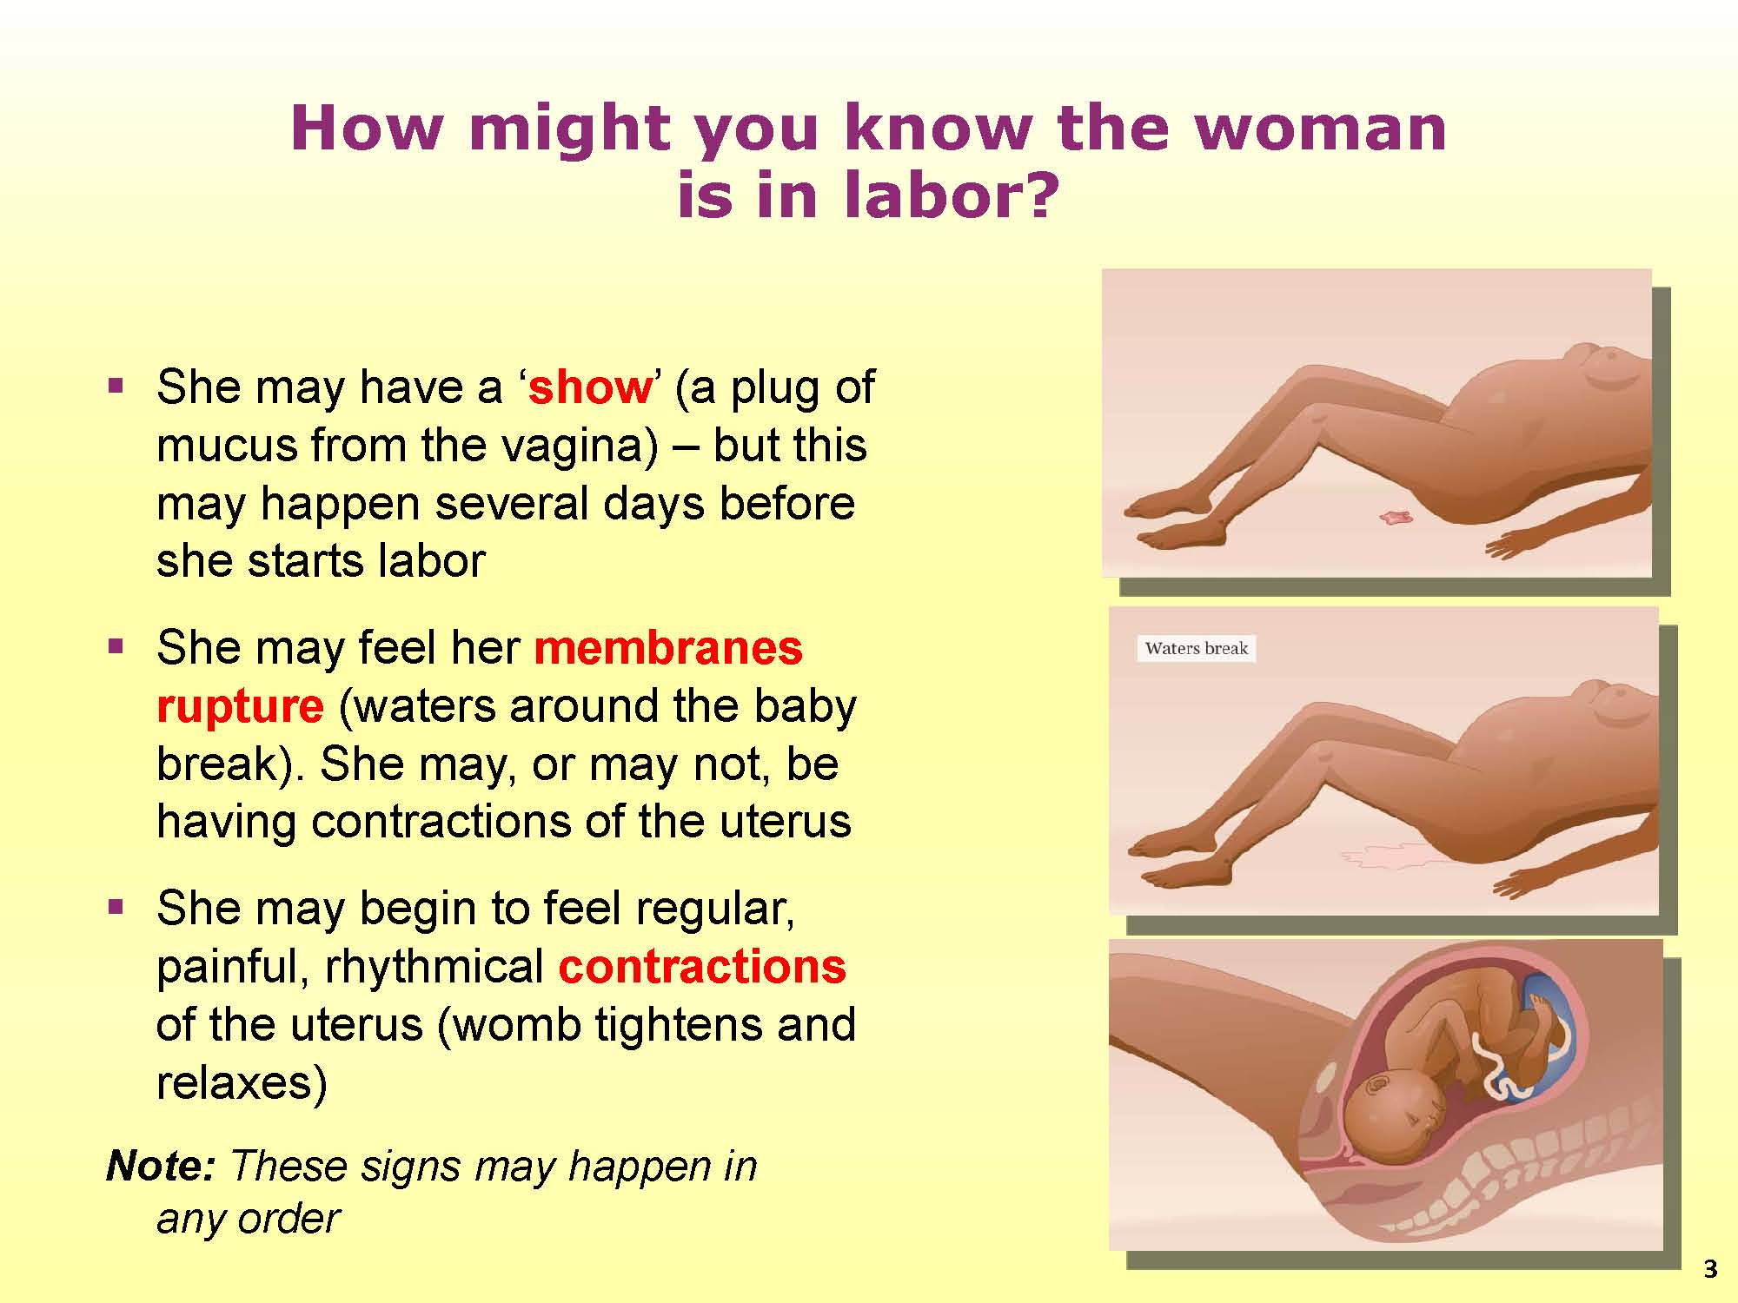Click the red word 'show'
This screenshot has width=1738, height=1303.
point(590,387)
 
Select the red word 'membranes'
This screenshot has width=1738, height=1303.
point(668,648)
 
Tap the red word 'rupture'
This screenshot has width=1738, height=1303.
point(240,707)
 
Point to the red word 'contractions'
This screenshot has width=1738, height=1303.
point(702,967)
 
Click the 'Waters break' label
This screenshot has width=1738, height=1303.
point(1196,648)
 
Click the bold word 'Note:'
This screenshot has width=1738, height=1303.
point(161,1166)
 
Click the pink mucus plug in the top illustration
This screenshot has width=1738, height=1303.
point(1396,518)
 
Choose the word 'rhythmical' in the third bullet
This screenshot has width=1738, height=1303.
point(434,967)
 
